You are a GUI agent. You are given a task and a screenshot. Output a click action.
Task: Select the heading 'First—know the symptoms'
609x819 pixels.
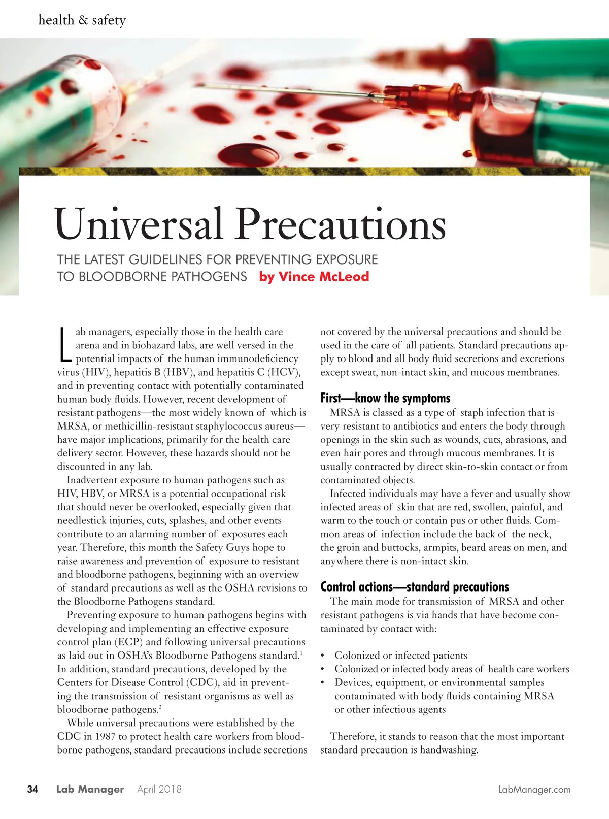[385, 398]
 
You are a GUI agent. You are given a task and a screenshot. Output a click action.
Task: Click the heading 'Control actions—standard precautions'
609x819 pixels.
[414, 587]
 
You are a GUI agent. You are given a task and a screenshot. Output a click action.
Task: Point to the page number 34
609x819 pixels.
[32, 789]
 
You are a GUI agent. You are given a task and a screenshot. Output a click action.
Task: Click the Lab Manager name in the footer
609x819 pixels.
[90, 789]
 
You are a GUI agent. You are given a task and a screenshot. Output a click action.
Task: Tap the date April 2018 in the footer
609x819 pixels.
[159, 789]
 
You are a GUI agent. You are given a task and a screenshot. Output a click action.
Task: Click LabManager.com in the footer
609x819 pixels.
[534, 790]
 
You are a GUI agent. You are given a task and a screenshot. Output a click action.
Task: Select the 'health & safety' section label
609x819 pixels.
[82, 20]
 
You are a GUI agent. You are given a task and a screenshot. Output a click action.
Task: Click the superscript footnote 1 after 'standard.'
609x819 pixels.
[301, 653]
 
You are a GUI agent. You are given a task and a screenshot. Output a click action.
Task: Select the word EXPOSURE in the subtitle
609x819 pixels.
[347, 259]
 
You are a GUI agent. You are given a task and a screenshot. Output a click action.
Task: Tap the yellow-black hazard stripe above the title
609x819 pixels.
[304, 171]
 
